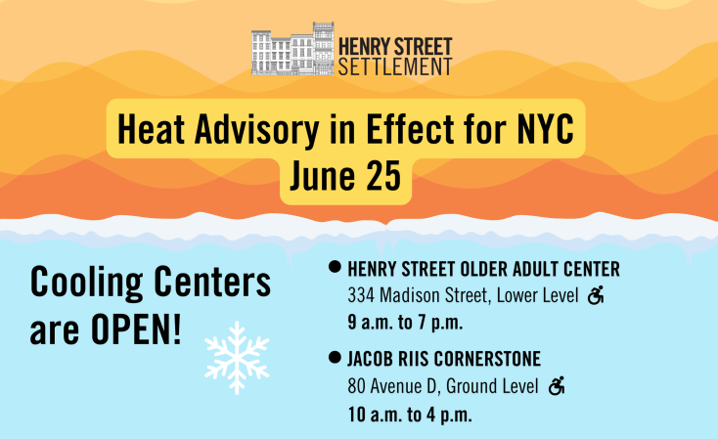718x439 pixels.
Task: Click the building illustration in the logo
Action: click(x=292, y=49)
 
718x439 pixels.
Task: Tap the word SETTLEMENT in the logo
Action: click(x=395, y=66)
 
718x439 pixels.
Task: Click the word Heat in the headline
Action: click(x=151, y=129)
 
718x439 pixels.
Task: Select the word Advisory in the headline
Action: click(x=257, y=130)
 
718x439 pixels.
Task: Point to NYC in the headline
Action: click(x=546, y=129)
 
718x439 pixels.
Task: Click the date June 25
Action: click(x=345, y=176)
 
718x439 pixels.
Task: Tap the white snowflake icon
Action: click(x=237, y=358)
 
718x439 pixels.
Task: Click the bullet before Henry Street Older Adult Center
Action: click(x=335, y=267)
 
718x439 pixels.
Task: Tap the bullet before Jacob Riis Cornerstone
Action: click(x=335, y=357)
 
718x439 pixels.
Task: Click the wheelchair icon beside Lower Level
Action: click(x=596, y=295)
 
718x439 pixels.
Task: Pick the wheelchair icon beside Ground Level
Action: click(x=557, y=386)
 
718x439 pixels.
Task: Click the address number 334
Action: click(x=361, y=295)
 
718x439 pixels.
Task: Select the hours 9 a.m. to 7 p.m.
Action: click(x=405, y=323)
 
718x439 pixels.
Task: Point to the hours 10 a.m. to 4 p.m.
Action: click(x=410, y=415)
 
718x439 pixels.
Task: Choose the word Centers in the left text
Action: click(x=212, y=281)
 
